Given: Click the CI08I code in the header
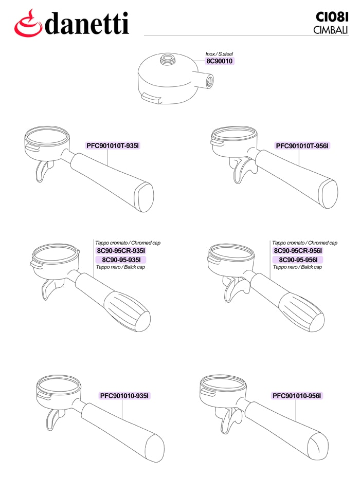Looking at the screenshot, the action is (332, 17).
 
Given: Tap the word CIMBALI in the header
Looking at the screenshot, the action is (331, 30).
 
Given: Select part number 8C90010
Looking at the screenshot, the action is (220, 61).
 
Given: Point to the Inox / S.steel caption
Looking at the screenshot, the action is (219, 54).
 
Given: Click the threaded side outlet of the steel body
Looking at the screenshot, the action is (210, 81).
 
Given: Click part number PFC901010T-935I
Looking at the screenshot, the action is (113, 145).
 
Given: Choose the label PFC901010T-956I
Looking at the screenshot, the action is (303, 145).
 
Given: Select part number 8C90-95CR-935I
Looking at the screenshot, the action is (121, 251).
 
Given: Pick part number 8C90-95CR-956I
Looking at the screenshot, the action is (298, 251).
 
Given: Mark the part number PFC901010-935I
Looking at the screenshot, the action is (124, 396).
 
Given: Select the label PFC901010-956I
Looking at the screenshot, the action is (297, 396).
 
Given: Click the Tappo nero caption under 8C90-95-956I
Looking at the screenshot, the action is (297, 267).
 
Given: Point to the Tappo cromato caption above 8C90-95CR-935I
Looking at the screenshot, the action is (128, 243).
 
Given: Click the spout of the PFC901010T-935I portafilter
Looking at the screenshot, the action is (43, 171).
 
